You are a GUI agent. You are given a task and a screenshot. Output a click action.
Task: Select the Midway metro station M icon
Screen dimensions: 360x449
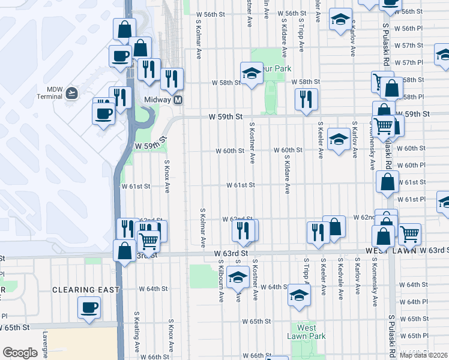click(178, 100)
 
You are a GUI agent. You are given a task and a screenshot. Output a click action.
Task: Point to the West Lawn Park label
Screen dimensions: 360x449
click(306, 332)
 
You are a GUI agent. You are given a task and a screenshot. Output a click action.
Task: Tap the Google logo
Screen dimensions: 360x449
click(19, 353)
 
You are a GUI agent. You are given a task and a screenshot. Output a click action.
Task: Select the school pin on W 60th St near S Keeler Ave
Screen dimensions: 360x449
click(339, 141)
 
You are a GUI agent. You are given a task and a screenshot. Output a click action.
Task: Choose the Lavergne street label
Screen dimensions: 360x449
click(44, 348)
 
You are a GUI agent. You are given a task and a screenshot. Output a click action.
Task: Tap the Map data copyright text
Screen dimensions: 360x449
click(424, 355)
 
